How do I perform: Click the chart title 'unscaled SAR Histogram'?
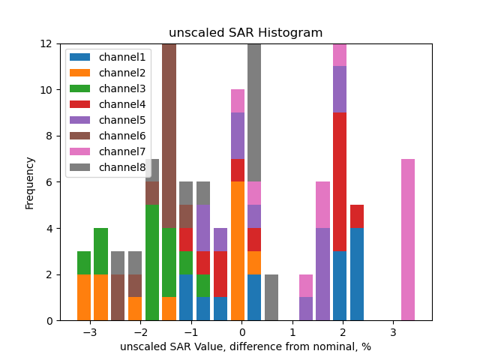coord(245,33)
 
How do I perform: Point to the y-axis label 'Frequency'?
coord(30,182)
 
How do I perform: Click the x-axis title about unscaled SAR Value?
coord(245,346)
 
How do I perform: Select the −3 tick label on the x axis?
coord(89,331)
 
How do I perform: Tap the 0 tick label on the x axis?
coord(242,331)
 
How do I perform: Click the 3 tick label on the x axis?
coord(393,331)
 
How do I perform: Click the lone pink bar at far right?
coord(408,239)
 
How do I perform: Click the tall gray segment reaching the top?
coord(254,112)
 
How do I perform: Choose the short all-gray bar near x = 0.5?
coord(271,297)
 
